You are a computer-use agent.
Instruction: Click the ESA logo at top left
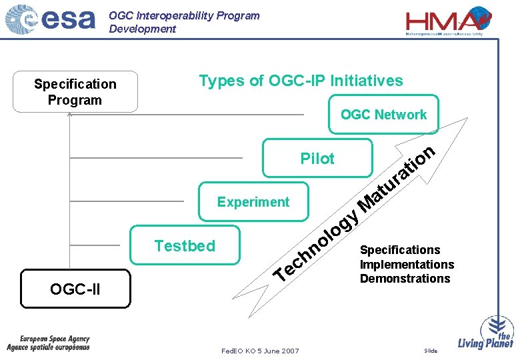click(51, 21)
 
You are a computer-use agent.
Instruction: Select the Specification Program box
click(75, 92)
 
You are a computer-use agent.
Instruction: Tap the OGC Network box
click(383, 115)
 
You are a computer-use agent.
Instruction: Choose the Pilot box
click(317, 159)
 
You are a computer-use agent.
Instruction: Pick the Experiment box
click(253, 202)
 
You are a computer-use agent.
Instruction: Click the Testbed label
click(185, 246)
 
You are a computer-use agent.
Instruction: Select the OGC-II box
click(75, 289)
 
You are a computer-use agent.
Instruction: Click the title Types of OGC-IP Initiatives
click(301, 81)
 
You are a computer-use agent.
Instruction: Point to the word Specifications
click(400, 250)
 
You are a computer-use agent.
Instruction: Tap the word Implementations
click(407, 264)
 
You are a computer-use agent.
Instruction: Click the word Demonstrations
click(405, 279)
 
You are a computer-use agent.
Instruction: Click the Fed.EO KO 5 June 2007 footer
click(260, 351)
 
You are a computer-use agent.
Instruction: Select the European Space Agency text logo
click(48, 343)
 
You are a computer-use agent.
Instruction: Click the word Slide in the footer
click(431, 351)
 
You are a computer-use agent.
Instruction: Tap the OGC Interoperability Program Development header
click(184, 22)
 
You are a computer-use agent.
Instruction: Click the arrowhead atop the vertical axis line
click(69, 115)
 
